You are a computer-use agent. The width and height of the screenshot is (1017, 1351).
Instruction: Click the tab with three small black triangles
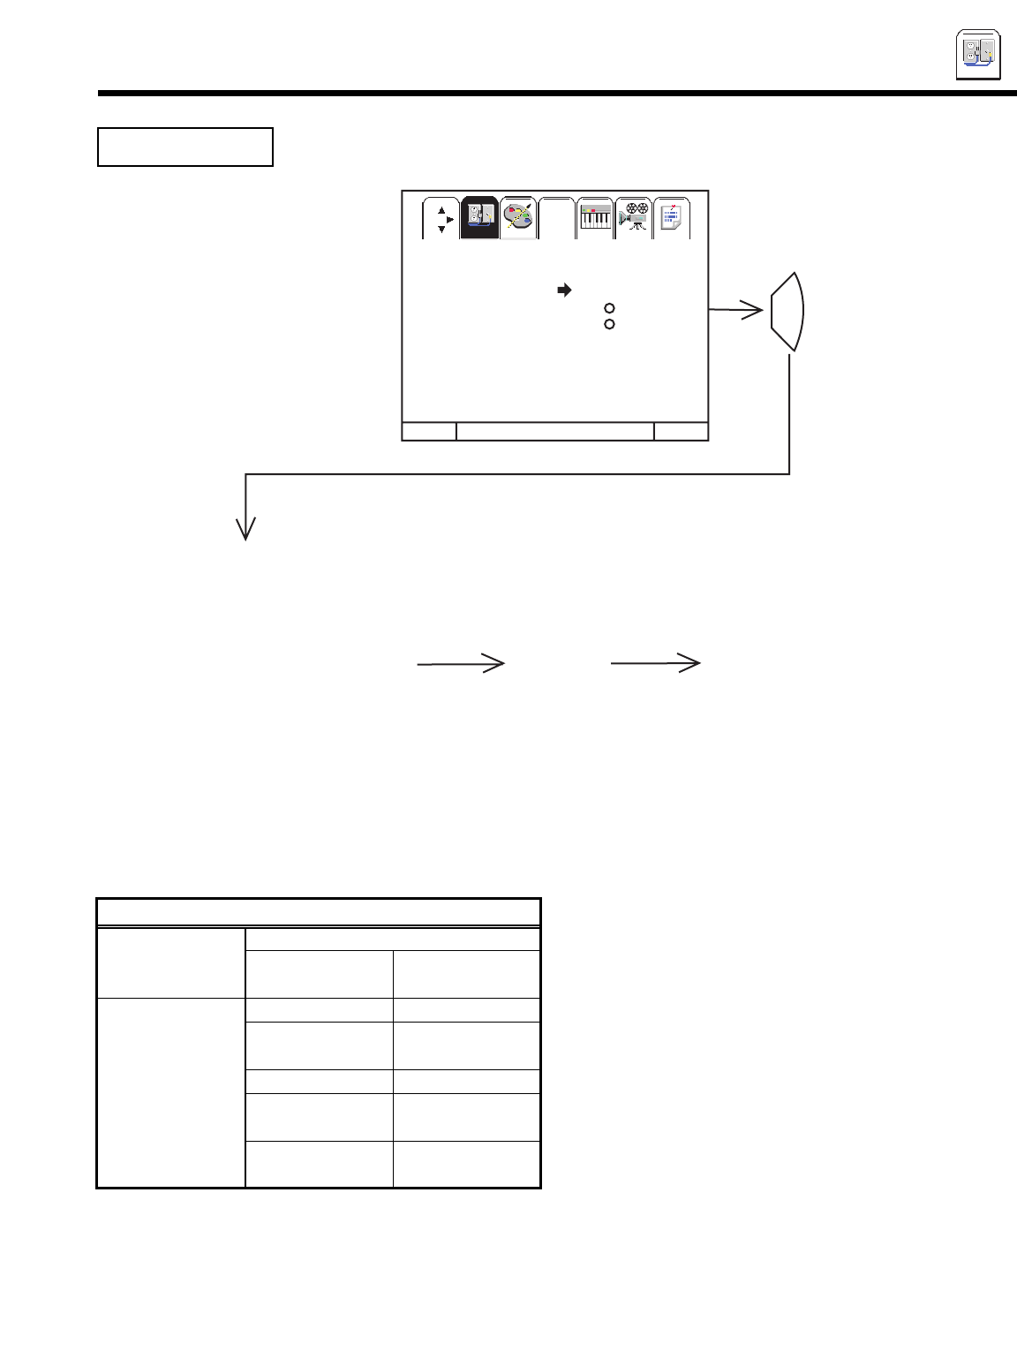pos(441,219)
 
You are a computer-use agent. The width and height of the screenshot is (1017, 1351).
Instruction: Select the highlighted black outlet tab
pos(479,218)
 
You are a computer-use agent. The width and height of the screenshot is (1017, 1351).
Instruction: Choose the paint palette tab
pos(518,218)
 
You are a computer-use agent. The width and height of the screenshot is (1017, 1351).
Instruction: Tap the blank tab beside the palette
pos(556,218)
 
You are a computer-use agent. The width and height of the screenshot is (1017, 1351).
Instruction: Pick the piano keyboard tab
pos(595,218)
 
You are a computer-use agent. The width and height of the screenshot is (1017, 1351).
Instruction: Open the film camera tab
pos(633,218)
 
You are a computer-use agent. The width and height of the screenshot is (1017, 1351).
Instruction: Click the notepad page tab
pos(672,218)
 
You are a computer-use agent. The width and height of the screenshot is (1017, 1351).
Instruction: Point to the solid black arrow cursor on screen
pos(564,290)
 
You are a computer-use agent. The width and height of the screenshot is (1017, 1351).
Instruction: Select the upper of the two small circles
pos(609,308)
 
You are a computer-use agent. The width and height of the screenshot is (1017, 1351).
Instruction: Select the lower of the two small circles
pos(609,324)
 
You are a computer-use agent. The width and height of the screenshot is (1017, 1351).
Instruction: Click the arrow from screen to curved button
pos(736,310)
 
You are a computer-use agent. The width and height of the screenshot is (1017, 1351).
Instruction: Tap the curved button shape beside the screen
pos(787,312)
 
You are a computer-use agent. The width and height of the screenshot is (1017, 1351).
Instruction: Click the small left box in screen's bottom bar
pos(429,431)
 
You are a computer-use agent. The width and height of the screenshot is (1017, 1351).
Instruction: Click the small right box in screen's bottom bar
pos(682,431)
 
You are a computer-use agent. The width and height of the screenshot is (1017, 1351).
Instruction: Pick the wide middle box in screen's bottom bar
pos(555,431)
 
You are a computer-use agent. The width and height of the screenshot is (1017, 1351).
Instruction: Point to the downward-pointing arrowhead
pos(245,528)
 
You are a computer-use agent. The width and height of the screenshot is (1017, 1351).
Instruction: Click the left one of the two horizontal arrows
pos(461,663)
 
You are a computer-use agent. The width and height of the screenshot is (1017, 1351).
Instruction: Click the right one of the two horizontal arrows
pos(656,662)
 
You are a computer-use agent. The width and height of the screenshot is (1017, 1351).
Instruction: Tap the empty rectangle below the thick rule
pos(185,147)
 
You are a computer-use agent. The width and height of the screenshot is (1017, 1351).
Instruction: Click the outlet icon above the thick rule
pos(978,55)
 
